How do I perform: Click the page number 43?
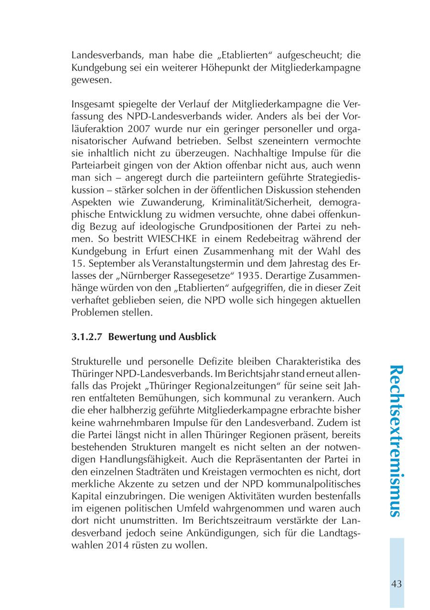(x=396, y=584)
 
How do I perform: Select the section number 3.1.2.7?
(x=88, y=337)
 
